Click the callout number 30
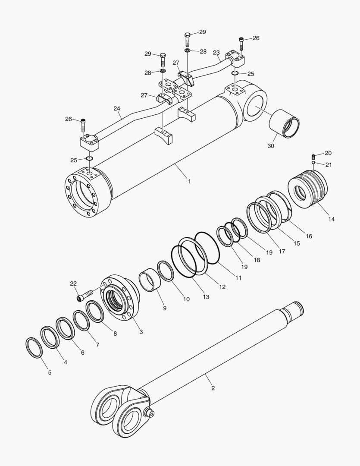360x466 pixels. (x=271, y=146)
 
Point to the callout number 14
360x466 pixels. (x=331, y=219)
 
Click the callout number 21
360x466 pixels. (x=329, y=164)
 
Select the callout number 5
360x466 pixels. (x=50, y=372)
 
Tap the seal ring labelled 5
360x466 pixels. (x=34, y=348)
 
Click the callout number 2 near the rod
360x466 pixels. (x=213, y=388)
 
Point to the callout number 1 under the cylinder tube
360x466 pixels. (x=189, y=181)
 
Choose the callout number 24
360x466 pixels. (x=117, y=109)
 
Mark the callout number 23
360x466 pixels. (x=216, y=53)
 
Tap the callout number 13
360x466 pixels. (x=206, y=297)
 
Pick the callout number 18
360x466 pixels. (x=257, y=260)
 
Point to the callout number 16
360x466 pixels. (x=309, y=236)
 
